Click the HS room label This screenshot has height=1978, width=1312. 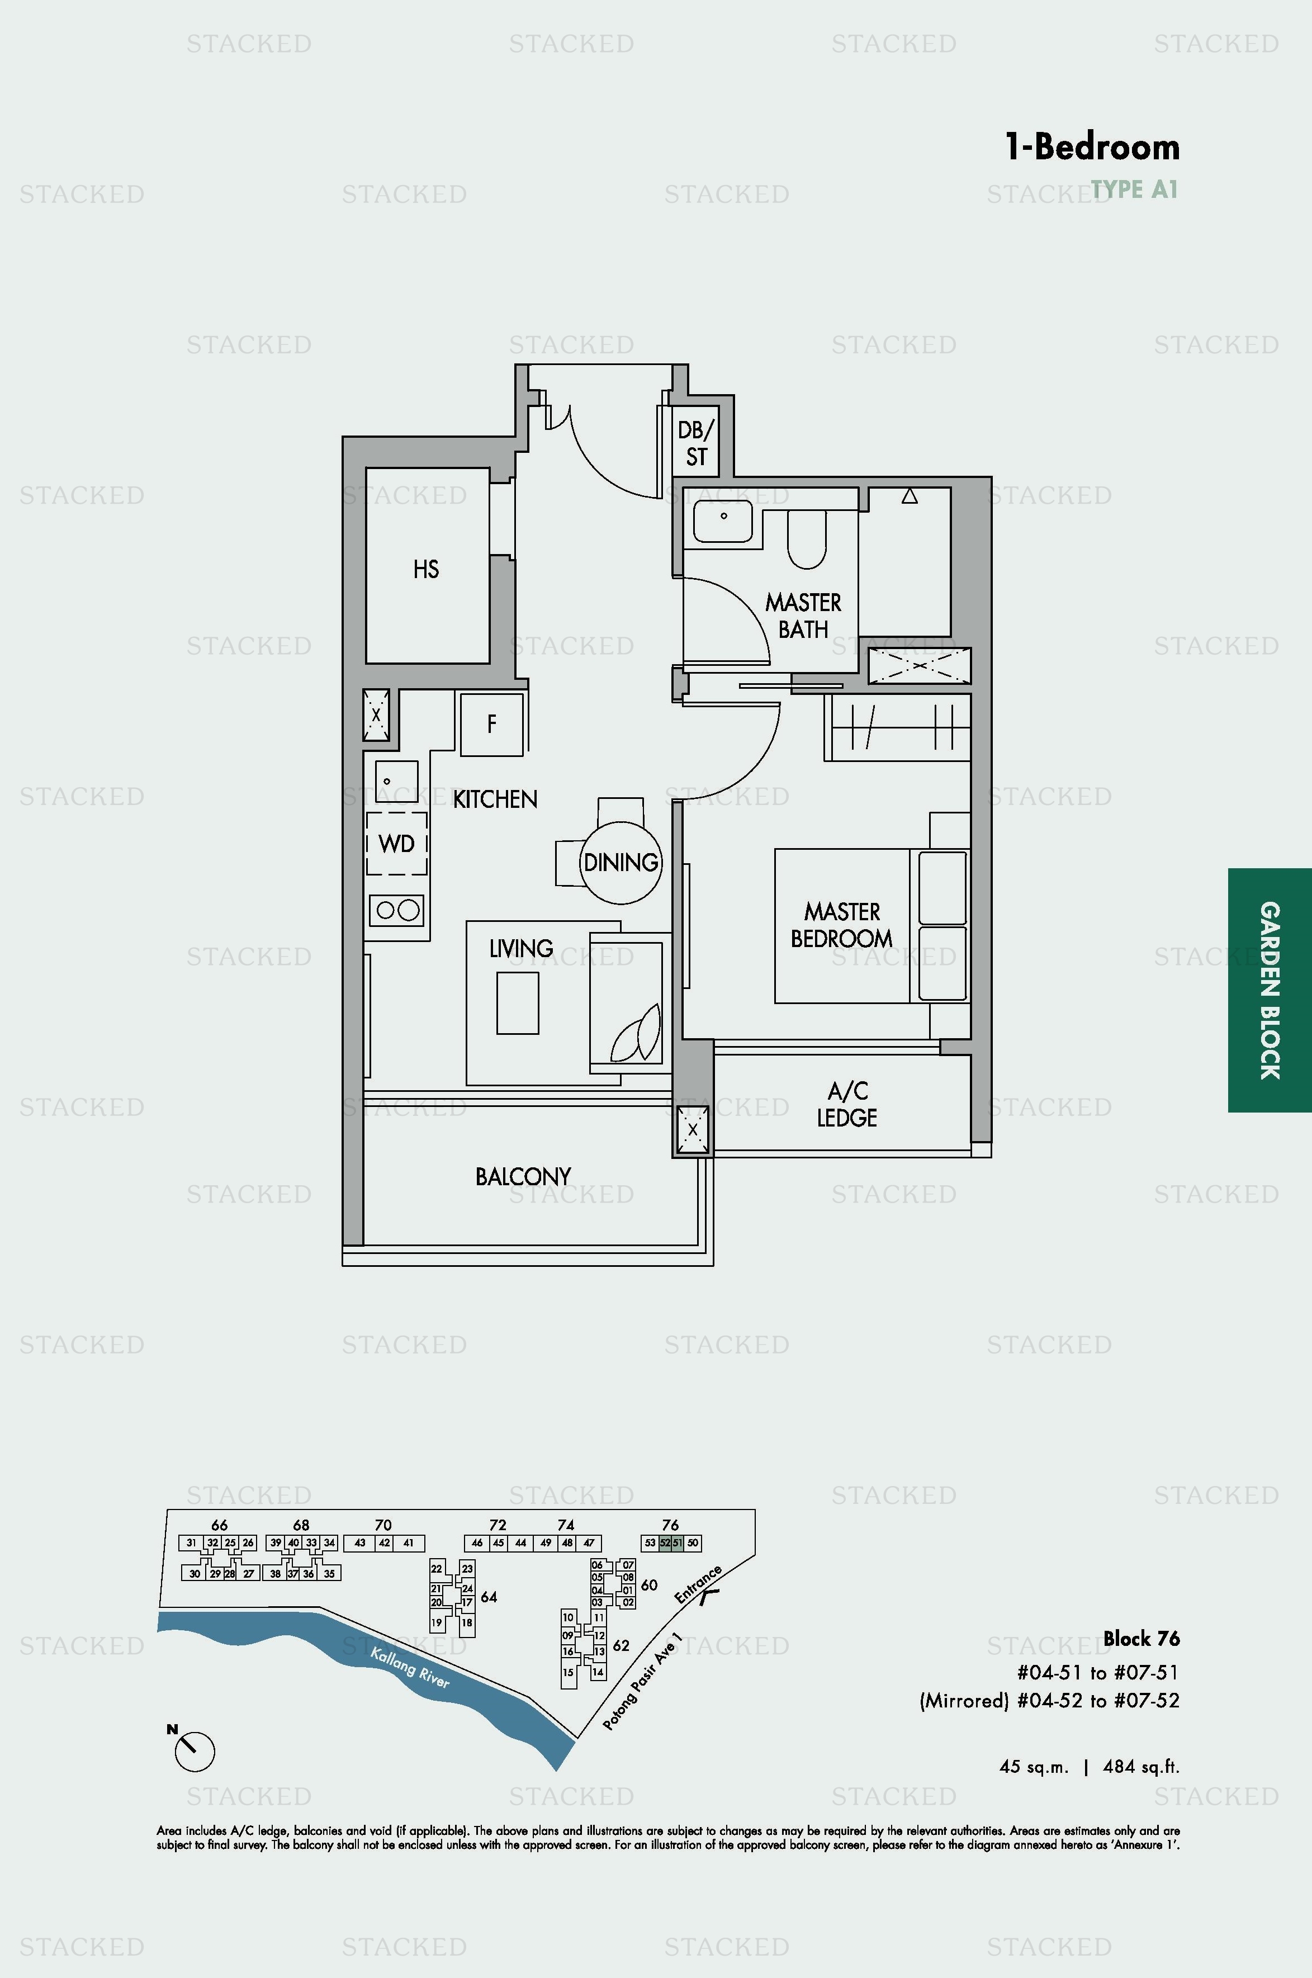426,570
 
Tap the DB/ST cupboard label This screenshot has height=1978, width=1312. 696,443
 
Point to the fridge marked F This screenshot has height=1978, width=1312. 492,724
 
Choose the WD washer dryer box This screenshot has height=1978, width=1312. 396,844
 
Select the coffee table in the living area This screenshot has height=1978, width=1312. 517,1002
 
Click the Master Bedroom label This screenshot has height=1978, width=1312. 842,925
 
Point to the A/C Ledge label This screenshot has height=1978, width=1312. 847,1104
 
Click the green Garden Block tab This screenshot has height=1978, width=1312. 1270,990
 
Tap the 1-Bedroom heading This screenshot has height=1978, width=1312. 1092,147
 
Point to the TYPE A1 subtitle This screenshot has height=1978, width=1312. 1135,190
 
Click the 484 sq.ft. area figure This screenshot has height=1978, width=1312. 1142,1766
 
